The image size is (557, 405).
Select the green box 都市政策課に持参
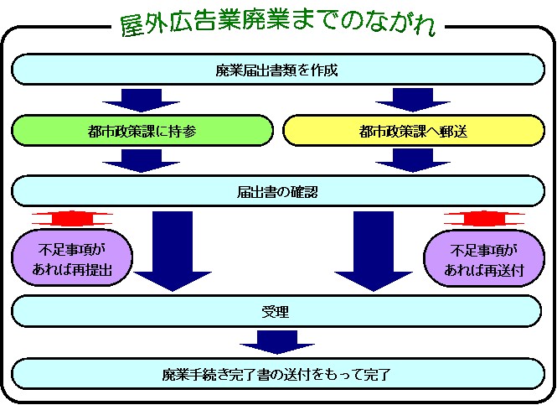click(142, 130)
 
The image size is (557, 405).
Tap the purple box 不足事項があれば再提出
click(75, 260)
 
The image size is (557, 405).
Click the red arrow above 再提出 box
click(75, 219)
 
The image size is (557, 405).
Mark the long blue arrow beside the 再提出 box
click(168, 252)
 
